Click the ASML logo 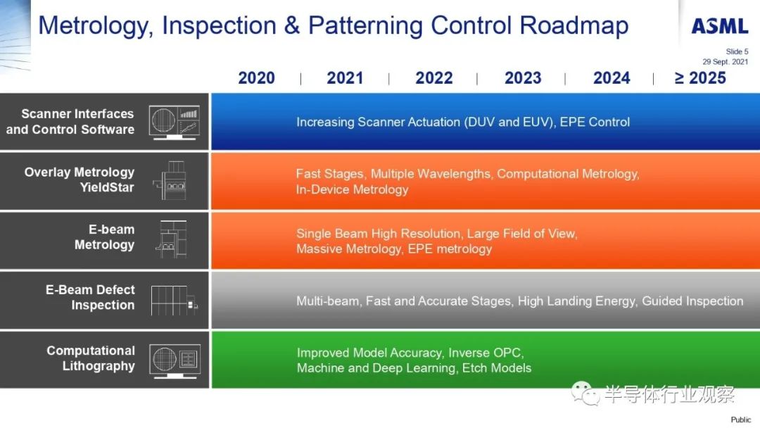click(x=720, y=26)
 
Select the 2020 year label click(x=256, y=77)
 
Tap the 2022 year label click(x=433, y=77)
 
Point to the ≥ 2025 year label click(x=700, y=77)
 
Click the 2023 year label click(x=523, y=77)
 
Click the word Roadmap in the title click(x=574, y=25)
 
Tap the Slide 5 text click(x=737, y=51)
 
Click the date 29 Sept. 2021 click(x=725, y=61)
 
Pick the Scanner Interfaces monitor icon click(x=174, y=122)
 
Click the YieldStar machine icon click(x=170, y=180)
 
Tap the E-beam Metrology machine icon click(x=172, y=239)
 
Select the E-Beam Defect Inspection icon click(x=175, y=300)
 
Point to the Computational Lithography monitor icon click(x=175, y=361)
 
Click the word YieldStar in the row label click(x=107, y=187)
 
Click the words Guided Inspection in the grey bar click(x=692, y=301)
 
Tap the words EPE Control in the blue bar click(x=595, y=122)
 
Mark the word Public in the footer click(x=740, y=420)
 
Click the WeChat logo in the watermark click(x=585, y=393)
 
